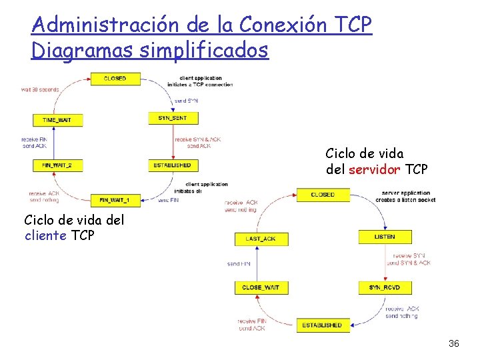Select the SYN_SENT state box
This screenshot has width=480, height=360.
point(172,118)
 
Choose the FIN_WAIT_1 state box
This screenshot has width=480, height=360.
point(115,199)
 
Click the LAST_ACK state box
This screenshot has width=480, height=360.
point(260,238)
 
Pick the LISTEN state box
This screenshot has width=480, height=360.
point(384,237)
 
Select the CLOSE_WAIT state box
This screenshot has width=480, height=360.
point(261,287)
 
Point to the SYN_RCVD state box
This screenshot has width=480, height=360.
point(384,287)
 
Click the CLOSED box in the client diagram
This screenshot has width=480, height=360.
point(115,79)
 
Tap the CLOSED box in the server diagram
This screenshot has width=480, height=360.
point(323,195)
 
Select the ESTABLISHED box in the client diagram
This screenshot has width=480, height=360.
point(172,165)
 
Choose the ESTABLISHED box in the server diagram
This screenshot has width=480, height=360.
point(322,325)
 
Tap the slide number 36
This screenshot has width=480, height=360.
point(453,343)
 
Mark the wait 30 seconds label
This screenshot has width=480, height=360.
point(40,89)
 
